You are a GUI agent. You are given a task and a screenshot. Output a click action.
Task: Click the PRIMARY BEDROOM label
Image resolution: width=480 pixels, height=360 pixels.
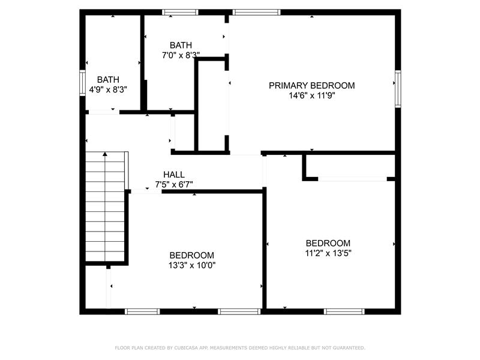point(311,85)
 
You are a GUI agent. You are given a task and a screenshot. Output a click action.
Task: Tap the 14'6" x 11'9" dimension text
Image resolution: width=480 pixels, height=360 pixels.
point(311,95)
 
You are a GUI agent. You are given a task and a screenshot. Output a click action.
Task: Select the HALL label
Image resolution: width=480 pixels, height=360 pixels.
point(174,175)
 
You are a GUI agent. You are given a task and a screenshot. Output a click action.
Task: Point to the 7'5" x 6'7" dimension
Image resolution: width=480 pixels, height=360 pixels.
point(174,185)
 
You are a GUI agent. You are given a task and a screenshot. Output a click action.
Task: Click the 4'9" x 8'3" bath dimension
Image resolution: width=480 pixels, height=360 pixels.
point(108,89)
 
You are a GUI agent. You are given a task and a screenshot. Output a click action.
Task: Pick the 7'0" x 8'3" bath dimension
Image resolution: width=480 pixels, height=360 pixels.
point(181,55)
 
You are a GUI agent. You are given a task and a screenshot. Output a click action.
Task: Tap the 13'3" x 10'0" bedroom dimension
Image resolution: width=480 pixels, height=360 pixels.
point(192,265)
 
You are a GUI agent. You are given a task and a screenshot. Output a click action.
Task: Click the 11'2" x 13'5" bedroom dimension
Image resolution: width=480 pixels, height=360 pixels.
point(328,253)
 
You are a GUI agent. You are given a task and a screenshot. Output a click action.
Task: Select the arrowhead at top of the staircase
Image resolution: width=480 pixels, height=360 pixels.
point(105,154)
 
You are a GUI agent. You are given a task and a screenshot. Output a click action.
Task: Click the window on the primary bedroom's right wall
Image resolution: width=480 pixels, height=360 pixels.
point(398,89)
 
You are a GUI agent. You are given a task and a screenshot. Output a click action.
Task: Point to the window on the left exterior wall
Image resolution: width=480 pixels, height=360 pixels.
point(82,83)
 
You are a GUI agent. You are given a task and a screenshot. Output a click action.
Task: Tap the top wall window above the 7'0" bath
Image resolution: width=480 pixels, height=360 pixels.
point(180,12)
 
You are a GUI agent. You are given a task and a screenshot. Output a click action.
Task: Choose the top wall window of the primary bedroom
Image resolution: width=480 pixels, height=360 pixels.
point(257,12)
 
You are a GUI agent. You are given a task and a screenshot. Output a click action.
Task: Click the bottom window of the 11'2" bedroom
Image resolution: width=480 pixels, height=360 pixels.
point(344,311)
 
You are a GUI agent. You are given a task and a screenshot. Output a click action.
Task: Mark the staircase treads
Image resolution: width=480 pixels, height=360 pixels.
point(105,206)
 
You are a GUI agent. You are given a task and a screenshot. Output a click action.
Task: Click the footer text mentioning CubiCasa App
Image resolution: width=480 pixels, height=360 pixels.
point(240,348)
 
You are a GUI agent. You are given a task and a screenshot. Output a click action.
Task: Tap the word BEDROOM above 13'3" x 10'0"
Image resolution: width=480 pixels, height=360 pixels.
point(192,255)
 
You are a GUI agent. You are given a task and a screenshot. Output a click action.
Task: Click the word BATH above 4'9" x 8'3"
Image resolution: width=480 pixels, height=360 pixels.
point(108,80)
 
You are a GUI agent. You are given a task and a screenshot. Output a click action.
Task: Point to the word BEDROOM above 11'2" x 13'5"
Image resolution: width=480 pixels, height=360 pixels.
point(328,243)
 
